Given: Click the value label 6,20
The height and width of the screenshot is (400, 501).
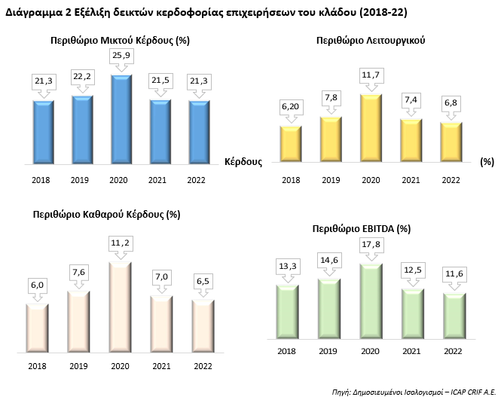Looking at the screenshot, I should point(291,107).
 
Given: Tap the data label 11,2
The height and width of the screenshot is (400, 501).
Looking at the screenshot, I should point(121,243).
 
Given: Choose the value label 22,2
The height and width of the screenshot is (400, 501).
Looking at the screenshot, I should point(82,78).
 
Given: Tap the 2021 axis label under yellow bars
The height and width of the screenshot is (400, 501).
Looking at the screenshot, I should point(411,180).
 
